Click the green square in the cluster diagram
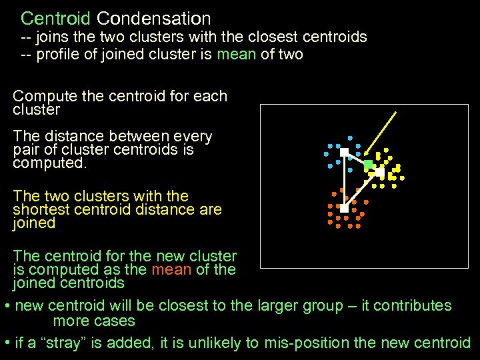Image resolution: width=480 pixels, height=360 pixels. point(368,164)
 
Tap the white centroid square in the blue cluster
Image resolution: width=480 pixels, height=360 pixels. point(344,153)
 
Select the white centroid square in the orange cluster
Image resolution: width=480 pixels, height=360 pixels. point(344,208)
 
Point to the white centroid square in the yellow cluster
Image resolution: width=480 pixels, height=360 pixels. point(379,172)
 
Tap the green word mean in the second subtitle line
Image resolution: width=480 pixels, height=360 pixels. point(237,54)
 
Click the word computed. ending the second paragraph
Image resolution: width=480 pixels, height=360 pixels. point(50,163)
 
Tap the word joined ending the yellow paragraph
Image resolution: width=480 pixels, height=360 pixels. point(34,223)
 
